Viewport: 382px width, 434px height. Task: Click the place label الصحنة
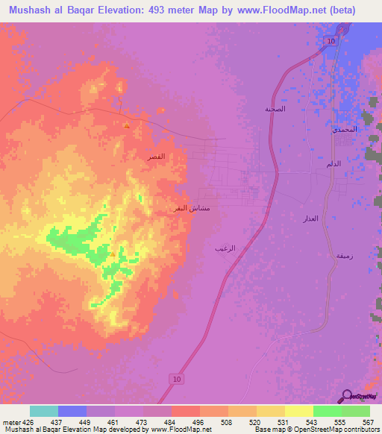[275, 109]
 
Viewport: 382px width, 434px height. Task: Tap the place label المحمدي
[345, 130]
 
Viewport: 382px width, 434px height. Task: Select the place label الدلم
[336, 163]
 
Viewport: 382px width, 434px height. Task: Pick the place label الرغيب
[225, 248]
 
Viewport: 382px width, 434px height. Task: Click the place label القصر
[157, 157]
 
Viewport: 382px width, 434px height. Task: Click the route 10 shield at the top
[330, 41]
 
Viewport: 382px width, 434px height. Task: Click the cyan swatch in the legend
[43, 411]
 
